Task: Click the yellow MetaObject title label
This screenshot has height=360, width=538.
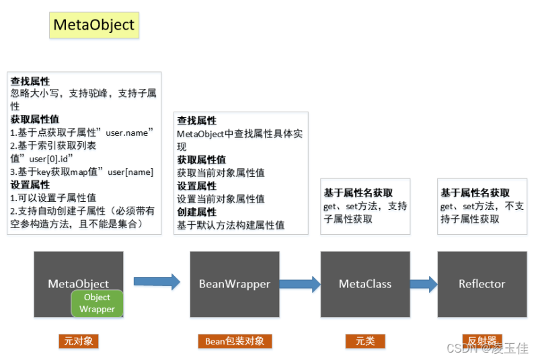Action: (x=94, y=25)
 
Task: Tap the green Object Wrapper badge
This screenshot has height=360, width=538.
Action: (x=98, y=303)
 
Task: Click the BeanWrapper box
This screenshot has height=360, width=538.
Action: (x=234, y=284)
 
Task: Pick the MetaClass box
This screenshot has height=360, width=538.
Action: (x=364, y=284)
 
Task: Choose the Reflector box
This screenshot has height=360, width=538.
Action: (x=482, y=284)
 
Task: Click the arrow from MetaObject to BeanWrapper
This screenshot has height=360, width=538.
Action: (x=157, y=282)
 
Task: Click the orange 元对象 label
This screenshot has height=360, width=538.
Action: (x=79, y=341)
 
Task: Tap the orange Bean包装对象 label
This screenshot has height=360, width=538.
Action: (x=235, y=341)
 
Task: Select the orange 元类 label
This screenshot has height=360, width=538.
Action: (x=365, y=341)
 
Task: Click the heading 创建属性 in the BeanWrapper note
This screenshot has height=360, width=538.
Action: (x=196, y=212)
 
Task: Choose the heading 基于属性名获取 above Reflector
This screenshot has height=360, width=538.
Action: (x=475, y=193)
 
